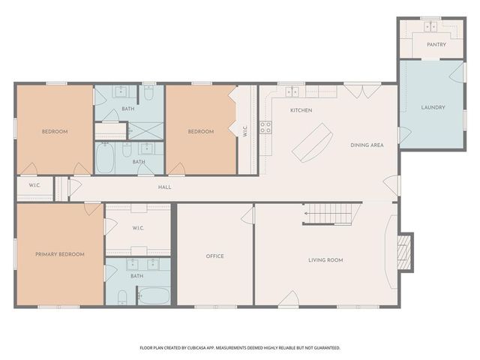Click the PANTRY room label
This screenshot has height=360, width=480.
(436, 45)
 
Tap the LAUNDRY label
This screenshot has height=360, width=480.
(433, 107)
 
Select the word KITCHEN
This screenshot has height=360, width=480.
(301, 110)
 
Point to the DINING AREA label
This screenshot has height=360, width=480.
(367, 145)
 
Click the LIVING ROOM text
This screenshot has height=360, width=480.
(325, 260)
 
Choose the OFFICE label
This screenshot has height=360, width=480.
(215, 256)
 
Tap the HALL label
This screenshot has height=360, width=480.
(165, 187)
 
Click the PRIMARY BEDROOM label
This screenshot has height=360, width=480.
(60, 254)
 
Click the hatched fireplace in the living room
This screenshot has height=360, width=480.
(403, 252)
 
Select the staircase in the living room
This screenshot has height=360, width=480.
(331, 214)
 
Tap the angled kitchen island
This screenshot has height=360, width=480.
(312, 142)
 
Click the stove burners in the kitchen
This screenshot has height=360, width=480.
(265, 127)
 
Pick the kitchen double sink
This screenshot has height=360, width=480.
(292, 91)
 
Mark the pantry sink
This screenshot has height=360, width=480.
(430, 27)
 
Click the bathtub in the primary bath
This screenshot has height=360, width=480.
(154, 295)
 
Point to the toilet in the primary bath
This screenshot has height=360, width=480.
(122, 297)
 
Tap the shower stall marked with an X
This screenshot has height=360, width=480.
(145, 131)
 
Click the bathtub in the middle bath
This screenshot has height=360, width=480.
(105, 158)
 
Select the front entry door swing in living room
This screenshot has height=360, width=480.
(289, 298)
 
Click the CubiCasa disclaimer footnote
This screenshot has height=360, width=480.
(240, 348)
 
